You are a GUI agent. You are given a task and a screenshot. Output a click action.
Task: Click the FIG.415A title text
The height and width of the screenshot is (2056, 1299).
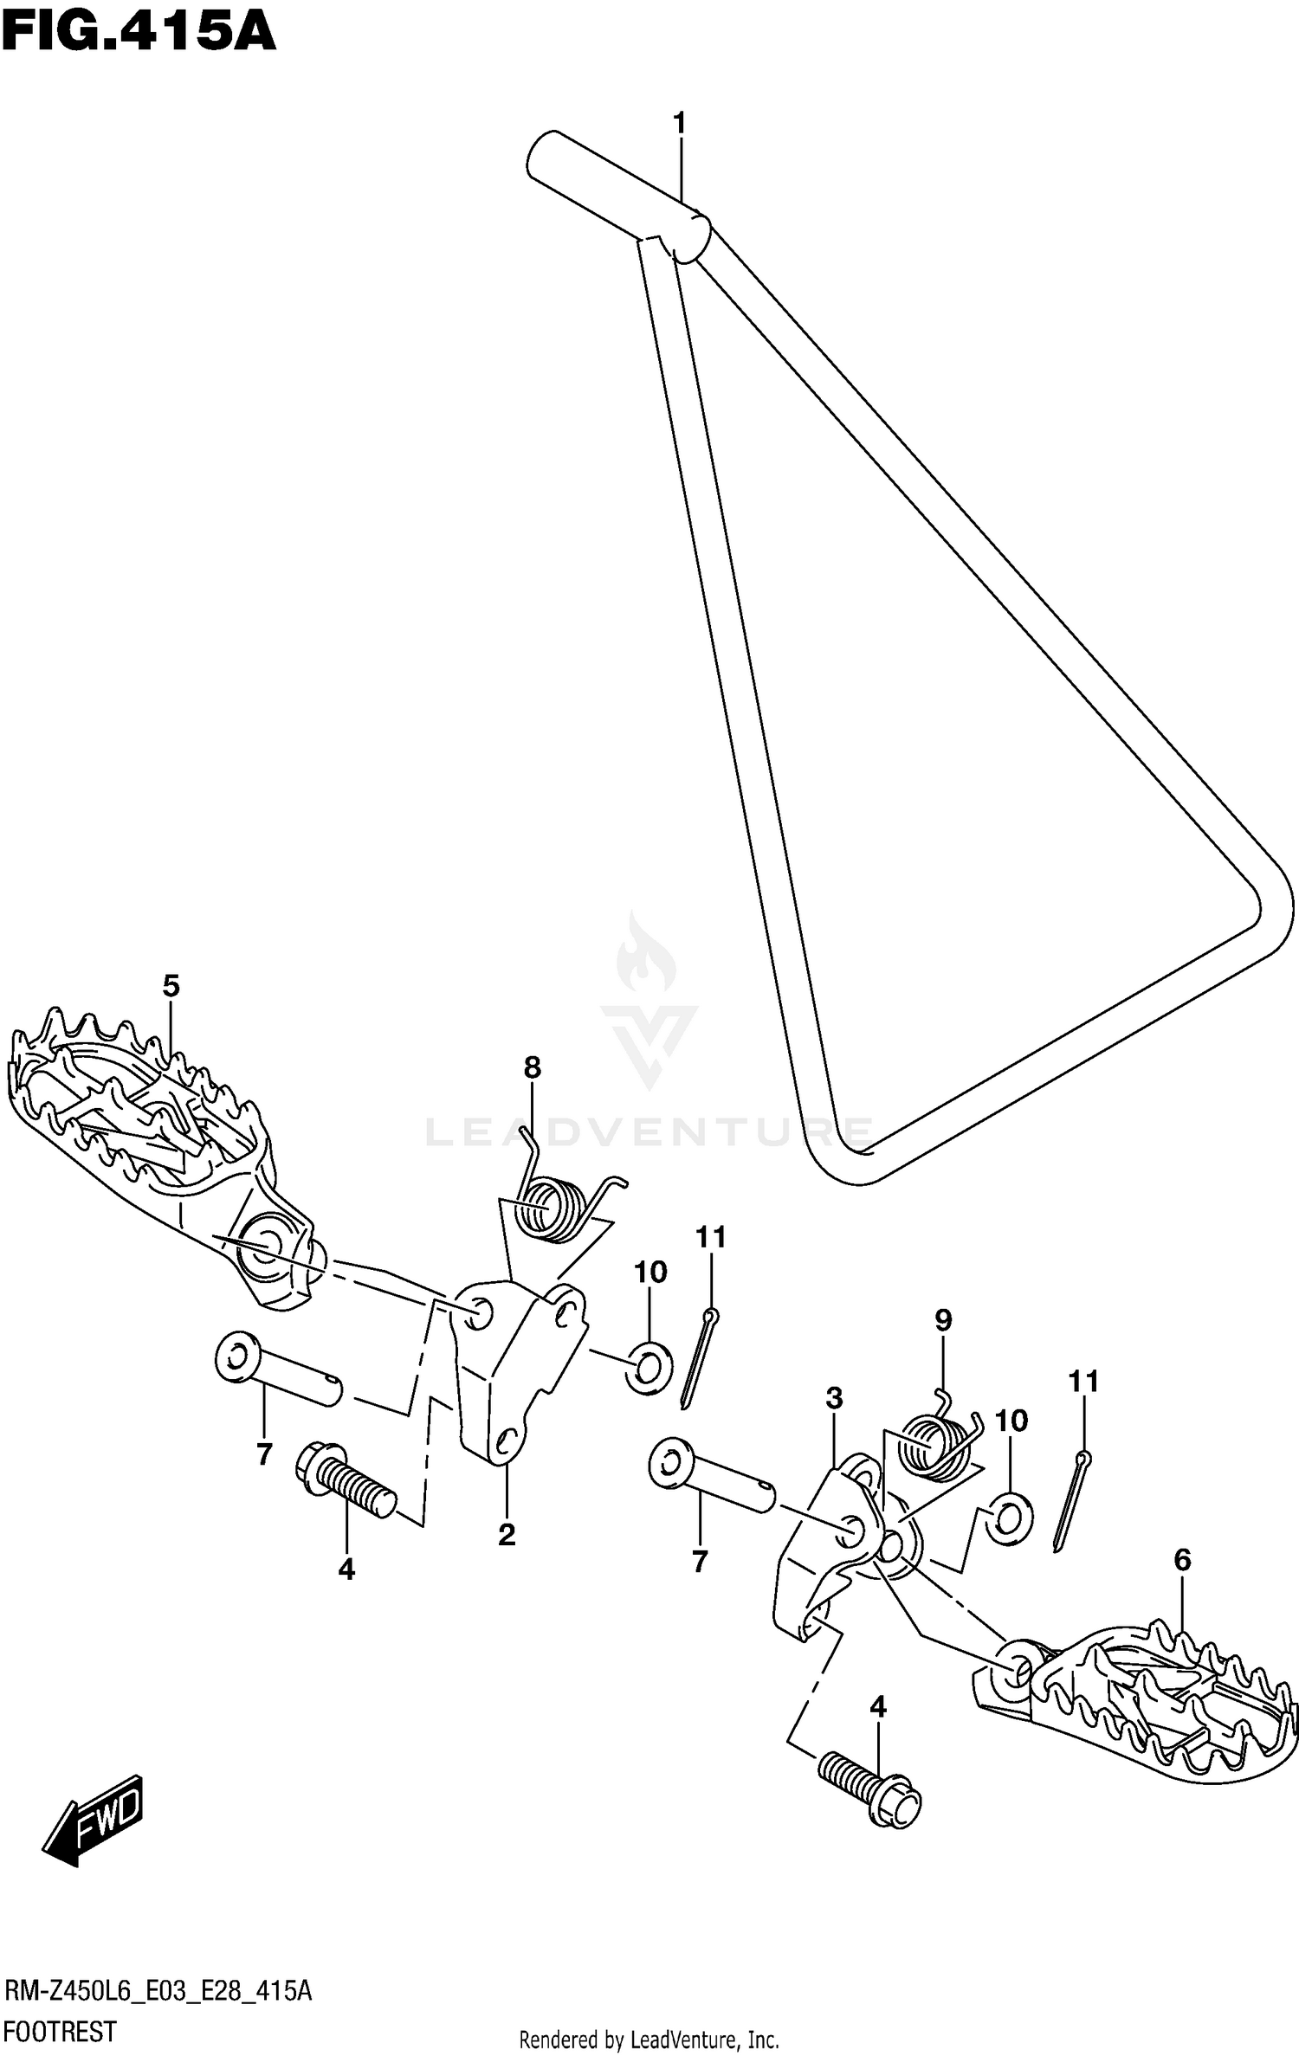click(139, 35)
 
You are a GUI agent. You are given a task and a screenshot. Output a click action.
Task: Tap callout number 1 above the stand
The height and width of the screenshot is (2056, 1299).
click(680, 124)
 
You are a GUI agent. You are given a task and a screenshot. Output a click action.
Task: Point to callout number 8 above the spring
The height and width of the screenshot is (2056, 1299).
click(532, 1067)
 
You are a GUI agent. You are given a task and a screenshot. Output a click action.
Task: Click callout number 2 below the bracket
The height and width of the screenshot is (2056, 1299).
click(507, 1535)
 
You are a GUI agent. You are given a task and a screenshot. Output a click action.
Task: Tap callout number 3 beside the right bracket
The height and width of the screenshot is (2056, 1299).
click(834, 1398)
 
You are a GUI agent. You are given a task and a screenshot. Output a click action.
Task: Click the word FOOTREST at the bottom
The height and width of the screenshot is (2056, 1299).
click(61, 2030)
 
